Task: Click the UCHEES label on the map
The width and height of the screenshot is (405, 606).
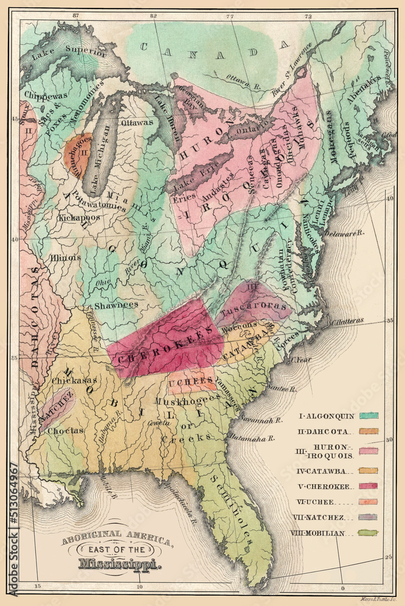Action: click(191, 383)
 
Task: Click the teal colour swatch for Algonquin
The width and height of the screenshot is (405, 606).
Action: click(368, 416)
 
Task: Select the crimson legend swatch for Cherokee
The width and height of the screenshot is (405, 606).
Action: click(368, 485)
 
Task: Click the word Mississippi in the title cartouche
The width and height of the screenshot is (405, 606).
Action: click(119, 564)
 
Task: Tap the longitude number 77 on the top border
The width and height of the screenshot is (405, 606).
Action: click(229, 16)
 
